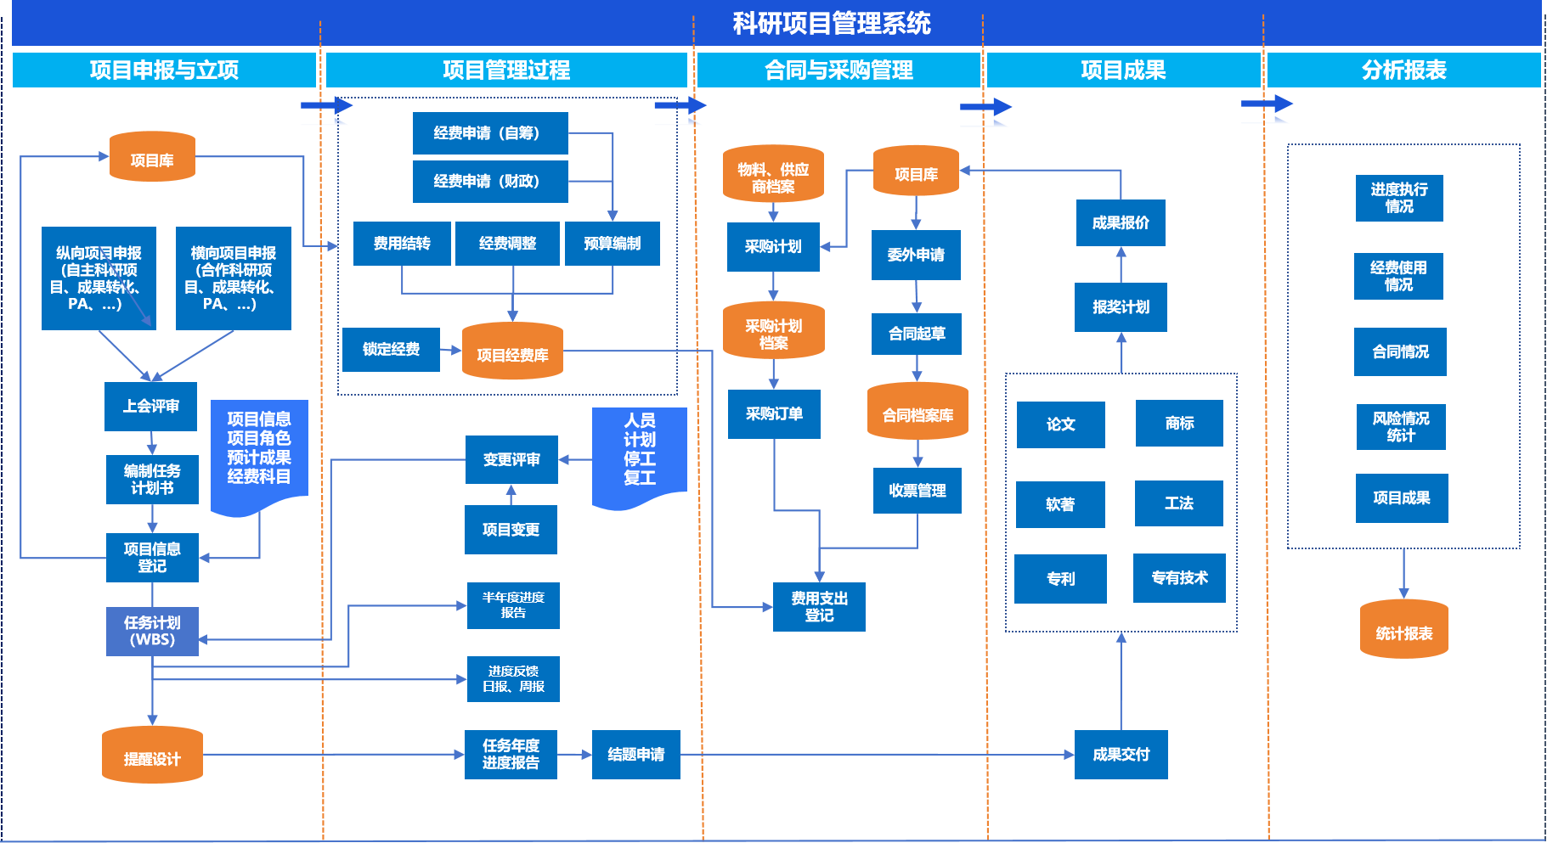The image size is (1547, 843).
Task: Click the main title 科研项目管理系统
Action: (831, 23)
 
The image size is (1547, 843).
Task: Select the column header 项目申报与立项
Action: (164, 70)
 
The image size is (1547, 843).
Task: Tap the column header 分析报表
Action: (1403, 70)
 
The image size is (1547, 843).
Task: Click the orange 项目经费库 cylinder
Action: (512, 351)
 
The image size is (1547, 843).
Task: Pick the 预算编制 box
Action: (612, 244)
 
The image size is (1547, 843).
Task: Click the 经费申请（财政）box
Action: (489, 182)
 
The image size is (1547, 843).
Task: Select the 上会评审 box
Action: (150, 407)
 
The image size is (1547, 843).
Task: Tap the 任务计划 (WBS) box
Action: (152, 632)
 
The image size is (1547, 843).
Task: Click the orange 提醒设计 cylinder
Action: (152, 755)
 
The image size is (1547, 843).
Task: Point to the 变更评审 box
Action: (511, 459)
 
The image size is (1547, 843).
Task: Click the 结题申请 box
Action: (635, 755)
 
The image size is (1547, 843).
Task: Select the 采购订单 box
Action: (774, 414)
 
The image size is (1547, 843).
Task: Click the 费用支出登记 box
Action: (819, 607)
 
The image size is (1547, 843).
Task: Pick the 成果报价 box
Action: (1121, 223)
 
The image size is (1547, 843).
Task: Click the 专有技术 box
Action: (1179, 578)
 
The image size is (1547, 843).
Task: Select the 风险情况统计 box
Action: (1400, 427)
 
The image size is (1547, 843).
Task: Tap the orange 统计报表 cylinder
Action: (1403, 630)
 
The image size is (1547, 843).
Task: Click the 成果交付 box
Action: (1121, 755)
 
